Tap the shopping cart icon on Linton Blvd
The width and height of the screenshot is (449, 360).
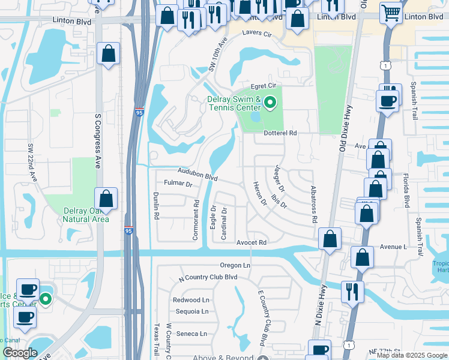pyautogui.click(x=391, y=12)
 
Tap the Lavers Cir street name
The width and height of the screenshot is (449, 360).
pyautogui.click(x=257, y=34)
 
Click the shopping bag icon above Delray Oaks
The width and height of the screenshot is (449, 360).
pyautogui.click(x=106, y=199)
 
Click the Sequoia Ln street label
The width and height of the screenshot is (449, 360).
pyautogui.click(x=192, y=311)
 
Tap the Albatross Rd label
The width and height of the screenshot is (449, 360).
pyautogui.click(x=313, y=205)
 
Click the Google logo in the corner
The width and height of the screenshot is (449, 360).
pyautogui.click(x=20, y=353)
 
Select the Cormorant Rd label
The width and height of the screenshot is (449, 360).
pyautogui.click(x=196, y=220)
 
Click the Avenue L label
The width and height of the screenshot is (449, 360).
pyautogui.click(x=393, y=247)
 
